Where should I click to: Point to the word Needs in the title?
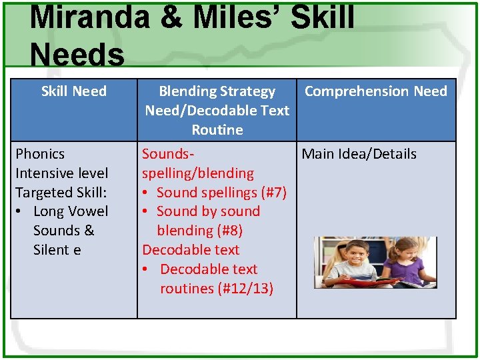coord(77,55)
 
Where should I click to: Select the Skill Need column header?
coord(73,91)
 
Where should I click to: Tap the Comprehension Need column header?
coord(375,91)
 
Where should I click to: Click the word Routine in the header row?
coord(217,129)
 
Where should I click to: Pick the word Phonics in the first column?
coord(40,154)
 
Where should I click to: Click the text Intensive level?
coord(61,173)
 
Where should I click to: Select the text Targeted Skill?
coord(62,193)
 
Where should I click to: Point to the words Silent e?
coord(57,250)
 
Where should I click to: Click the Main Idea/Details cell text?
coord(359,154)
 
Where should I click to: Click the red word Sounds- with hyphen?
coord(168,154)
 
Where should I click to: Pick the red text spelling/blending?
coord(197,173)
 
